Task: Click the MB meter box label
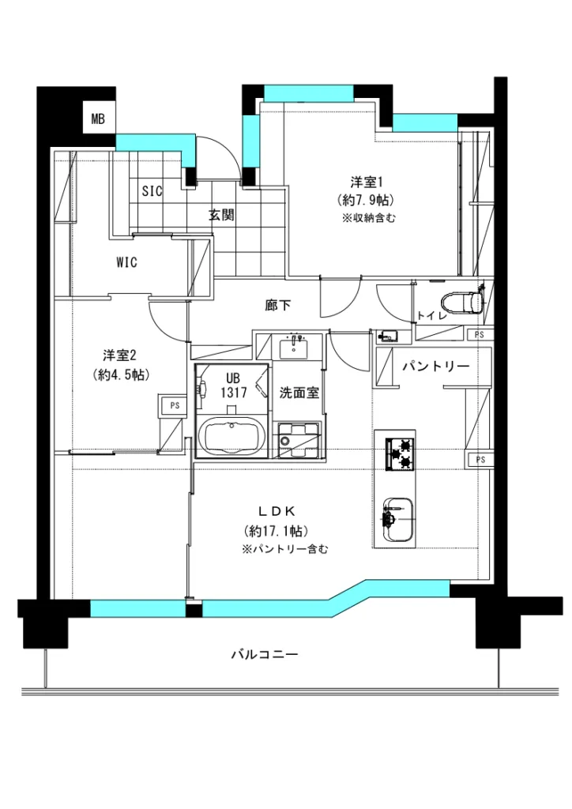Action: click(98, 119)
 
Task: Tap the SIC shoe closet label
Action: click(152, 191)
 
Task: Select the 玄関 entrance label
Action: click(221, 215)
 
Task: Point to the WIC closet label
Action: click(126, 262)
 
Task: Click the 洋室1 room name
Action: click(367, 182)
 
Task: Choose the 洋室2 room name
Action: click(119, 356)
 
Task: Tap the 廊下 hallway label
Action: click(278, 306)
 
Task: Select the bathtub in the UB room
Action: click(232, 437)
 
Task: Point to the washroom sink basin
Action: click(293, 347)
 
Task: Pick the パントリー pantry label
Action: click(436, 367)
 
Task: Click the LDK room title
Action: click(277, 511)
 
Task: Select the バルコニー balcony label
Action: click(264, 655)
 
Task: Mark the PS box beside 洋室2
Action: click(175, 405)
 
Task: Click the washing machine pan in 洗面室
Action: click(299, 440)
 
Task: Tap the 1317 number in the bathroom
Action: click(233, 393)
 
